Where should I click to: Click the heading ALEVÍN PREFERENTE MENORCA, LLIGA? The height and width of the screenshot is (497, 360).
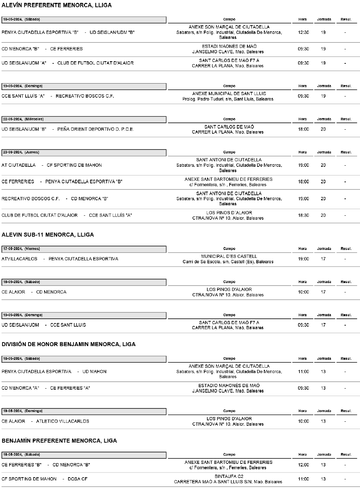pyautogui.click(x=57, y=5)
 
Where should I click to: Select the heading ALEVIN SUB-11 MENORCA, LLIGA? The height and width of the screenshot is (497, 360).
pyautogui.click(x=48, y=235)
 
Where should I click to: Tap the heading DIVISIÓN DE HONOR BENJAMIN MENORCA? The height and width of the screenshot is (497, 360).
pyautogui.click(x=68, y=344)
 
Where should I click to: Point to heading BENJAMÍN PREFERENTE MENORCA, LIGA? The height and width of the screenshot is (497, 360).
pyautogui.click(x=59, y=441)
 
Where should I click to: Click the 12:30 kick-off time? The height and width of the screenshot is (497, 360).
pyautogui.click(x=303, y=32)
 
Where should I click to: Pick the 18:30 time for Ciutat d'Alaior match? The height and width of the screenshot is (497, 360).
pyautogui.click(x=303, y=215)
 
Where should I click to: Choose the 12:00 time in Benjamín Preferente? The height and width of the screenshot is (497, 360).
pyautogui.click(x=303, y=465)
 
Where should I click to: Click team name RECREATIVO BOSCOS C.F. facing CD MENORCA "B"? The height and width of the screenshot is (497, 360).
pyautogui.click(x=31, y=199)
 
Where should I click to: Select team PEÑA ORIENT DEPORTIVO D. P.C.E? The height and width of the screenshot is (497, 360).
pyautogui.click(x=95, y=129)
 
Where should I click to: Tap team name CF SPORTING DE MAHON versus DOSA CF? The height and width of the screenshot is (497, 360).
pyautogui.click(x=29, y=479)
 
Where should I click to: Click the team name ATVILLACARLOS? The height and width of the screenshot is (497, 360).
pyautogui.click(x=19, y=259)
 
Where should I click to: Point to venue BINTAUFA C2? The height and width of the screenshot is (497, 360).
pyautogui.click(x=229, y=476)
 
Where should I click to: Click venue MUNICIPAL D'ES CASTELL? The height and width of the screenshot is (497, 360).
pyautogui.click(x=229, y=256)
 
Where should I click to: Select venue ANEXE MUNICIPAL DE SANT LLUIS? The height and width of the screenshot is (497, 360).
pyautogui.click(x=229, y=94)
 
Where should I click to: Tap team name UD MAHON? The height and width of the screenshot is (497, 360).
pyautogui.click(x=94, y=372)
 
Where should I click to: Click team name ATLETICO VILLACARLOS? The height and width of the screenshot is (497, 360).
pyautogui.click(x=63, y=421)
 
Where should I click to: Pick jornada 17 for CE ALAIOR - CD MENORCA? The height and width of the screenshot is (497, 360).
pyautogui.click(x=323, y=292)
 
